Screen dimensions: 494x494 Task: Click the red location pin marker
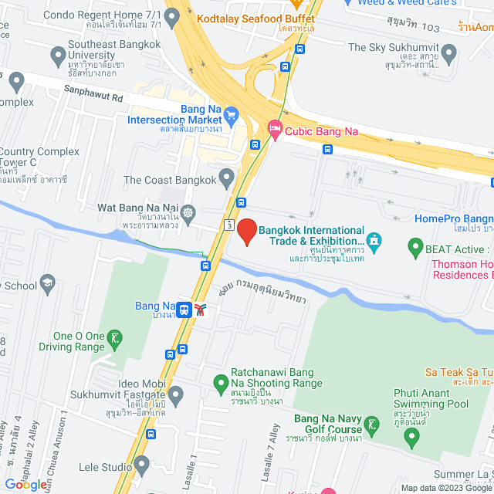(x=246, y=230)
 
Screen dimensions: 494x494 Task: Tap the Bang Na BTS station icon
(x=184, y=310)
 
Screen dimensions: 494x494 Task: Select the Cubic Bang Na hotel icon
(x=275, y=130)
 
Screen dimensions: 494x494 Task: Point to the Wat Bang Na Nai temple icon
(x=188, y=211)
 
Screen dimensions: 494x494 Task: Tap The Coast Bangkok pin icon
(x=226, y=179)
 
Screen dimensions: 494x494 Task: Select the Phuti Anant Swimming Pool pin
(x=411, y=438)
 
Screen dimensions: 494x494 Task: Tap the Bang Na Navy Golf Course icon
(x=372, y=424)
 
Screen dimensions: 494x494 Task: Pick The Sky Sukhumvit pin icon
(x=448, y=52)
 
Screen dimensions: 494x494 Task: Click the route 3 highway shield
(x=229, y=225)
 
